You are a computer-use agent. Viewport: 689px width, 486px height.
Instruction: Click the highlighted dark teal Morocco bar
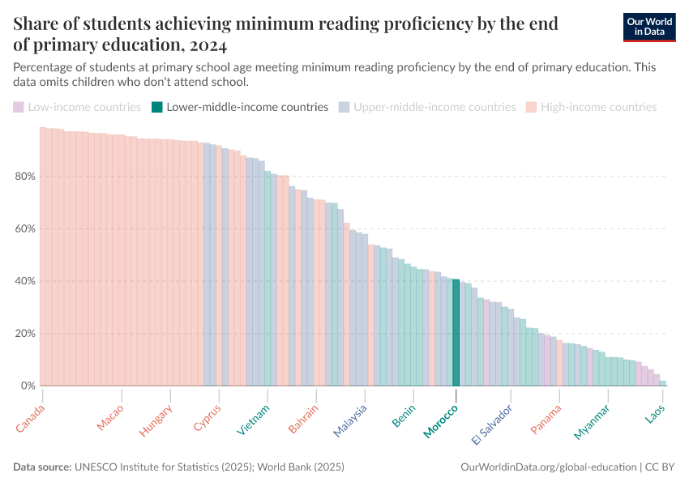456,332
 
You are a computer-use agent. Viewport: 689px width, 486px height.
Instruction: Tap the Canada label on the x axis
31,418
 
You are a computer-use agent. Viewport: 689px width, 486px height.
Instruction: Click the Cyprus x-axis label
208,417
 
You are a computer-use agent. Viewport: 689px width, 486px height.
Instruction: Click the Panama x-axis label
546,419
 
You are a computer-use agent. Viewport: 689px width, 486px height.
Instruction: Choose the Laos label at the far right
654,415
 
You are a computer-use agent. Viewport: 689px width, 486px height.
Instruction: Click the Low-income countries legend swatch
18,107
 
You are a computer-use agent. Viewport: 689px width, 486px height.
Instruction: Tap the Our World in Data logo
649,27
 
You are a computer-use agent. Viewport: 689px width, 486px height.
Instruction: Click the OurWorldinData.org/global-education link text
548,467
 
